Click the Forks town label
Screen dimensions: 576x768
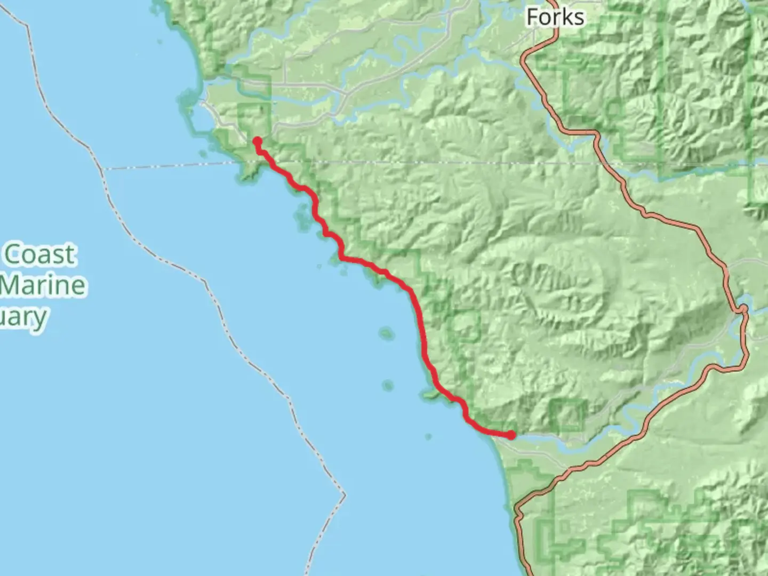pyautogui.click(x=555, y=17)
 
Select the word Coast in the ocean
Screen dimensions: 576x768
pyautogui.click(x=41, y=254)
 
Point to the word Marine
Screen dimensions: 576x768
pyautogui.click(x=43, y=285)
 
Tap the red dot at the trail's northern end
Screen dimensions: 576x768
pyautogui.click(x=257, y=141)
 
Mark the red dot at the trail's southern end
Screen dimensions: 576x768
pyautogui.click(x=511, y=435)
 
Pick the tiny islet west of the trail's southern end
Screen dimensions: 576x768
pyautogui.click(x=428, y=437)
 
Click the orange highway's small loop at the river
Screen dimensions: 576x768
pyautogui.click(x=742, y=309)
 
